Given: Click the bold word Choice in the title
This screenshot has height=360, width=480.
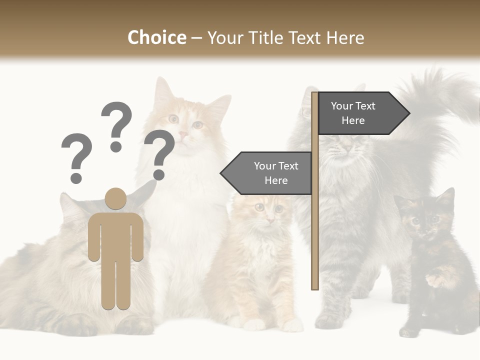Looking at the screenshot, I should (x=156, y=37).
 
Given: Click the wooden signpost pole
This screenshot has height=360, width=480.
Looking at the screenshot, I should (x=315, y=225).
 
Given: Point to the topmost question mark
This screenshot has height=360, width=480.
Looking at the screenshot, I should (x=116, y=125).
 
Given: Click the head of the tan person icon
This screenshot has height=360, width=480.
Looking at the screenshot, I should (x=116, y=198).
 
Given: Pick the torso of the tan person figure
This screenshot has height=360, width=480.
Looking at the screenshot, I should (x=116, y=235).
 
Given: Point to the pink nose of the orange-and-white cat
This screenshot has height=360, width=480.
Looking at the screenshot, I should (x=183, y=134).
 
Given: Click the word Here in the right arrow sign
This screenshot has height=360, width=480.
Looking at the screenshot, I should (x=353, y=120).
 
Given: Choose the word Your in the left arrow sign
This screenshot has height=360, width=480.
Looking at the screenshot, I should (x=264, y=166).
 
